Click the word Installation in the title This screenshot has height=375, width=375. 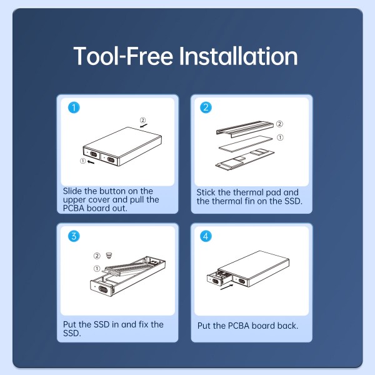[x=238, y=56]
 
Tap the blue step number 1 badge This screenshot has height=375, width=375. [x=74, y=107]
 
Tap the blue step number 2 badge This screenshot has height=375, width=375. [x=205, y=107]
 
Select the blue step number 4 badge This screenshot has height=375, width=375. [x=205, y=236]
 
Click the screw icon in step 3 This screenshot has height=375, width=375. [x=109, y=256]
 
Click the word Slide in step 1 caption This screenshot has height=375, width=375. [x=73, y=191]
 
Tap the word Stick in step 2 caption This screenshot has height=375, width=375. [x=207, y=192]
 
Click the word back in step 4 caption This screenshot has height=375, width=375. [x=285, y=326]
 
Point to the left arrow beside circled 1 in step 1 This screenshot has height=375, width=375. [x=92, y=161]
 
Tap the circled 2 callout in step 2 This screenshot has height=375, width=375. [x=279, y=124]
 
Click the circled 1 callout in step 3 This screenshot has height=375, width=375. [x=97, y=269]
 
